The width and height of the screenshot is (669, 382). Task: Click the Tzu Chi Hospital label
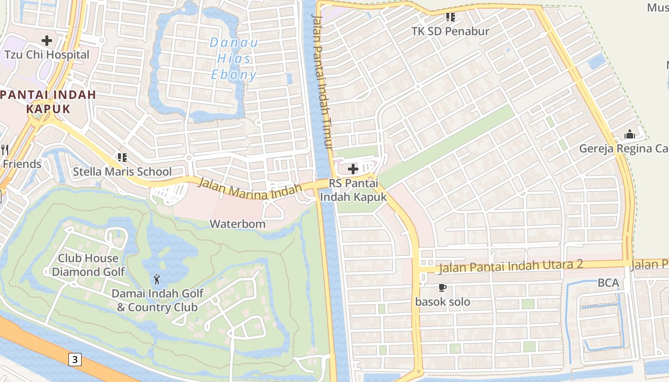click(47, 55)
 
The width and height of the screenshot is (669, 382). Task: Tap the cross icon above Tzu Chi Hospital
click(47, 41)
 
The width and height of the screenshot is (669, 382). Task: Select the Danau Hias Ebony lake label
click(234, 59)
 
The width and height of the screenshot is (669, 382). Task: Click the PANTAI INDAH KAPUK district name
click(48, 101)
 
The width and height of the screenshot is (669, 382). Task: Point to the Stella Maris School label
click(122, 171)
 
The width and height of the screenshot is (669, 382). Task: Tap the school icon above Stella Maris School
click(122, 157)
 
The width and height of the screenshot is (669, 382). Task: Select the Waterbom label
click(237, 223)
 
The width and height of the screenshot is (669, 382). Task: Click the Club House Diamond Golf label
click(88, 265)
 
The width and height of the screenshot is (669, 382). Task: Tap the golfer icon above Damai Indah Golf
click(157, 279)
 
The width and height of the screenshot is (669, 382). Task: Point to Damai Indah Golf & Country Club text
click(157, 300)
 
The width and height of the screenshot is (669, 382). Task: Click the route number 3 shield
click(75, 359)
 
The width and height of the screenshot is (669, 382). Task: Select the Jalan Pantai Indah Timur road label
click(322, 81)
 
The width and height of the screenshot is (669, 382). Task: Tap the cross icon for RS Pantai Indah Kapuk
click(353, 169)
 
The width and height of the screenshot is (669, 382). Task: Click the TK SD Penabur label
click(450, 32)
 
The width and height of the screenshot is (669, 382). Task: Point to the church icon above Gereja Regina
click(630, 135)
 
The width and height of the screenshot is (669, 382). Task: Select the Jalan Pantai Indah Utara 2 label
click(511, 266)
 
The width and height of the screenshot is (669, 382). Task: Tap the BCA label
click(608, 283)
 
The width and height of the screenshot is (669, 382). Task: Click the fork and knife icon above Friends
click(5, 150)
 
